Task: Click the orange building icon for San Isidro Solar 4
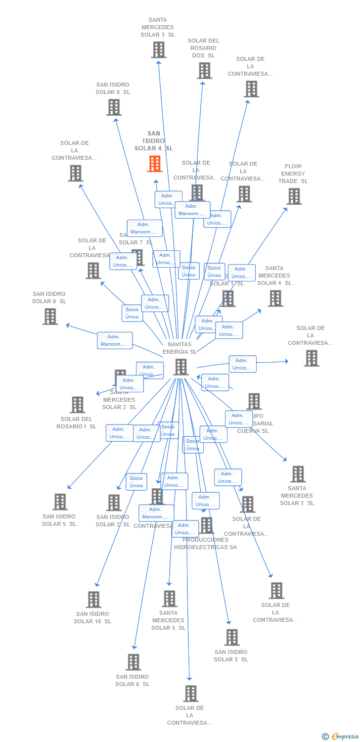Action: (155, 164)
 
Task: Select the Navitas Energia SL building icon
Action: (181, 367)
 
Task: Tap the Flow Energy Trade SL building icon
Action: (294, 196)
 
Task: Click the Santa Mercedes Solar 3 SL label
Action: (157, 28)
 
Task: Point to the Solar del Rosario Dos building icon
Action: (204, 71)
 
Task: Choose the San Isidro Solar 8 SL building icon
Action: (114, 107)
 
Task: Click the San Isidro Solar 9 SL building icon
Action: (50, 317)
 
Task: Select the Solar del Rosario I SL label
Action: (76, 423)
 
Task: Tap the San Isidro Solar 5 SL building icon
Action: (60, 502)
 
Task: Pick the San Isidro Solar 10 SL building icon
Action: (93, 600)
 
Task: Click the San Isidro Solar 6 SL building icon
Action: (133, 662)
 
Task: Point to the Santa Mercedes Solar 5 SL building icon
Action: (169, 599)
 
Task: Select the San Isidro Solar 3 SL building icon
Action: (231, 638)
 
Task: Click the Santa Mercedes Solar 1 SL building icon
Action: (298, 474)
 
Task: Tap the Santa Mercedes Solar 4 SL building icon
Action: (275, 298)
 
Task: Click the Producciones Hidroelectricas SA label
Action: (205, 543)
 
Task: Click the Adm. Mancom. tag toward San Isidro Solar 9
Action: (115, 340)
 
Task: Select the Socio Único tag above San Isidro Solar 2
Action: (136, 482)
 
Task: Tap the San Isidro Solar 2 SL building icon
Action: (114, 503)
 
